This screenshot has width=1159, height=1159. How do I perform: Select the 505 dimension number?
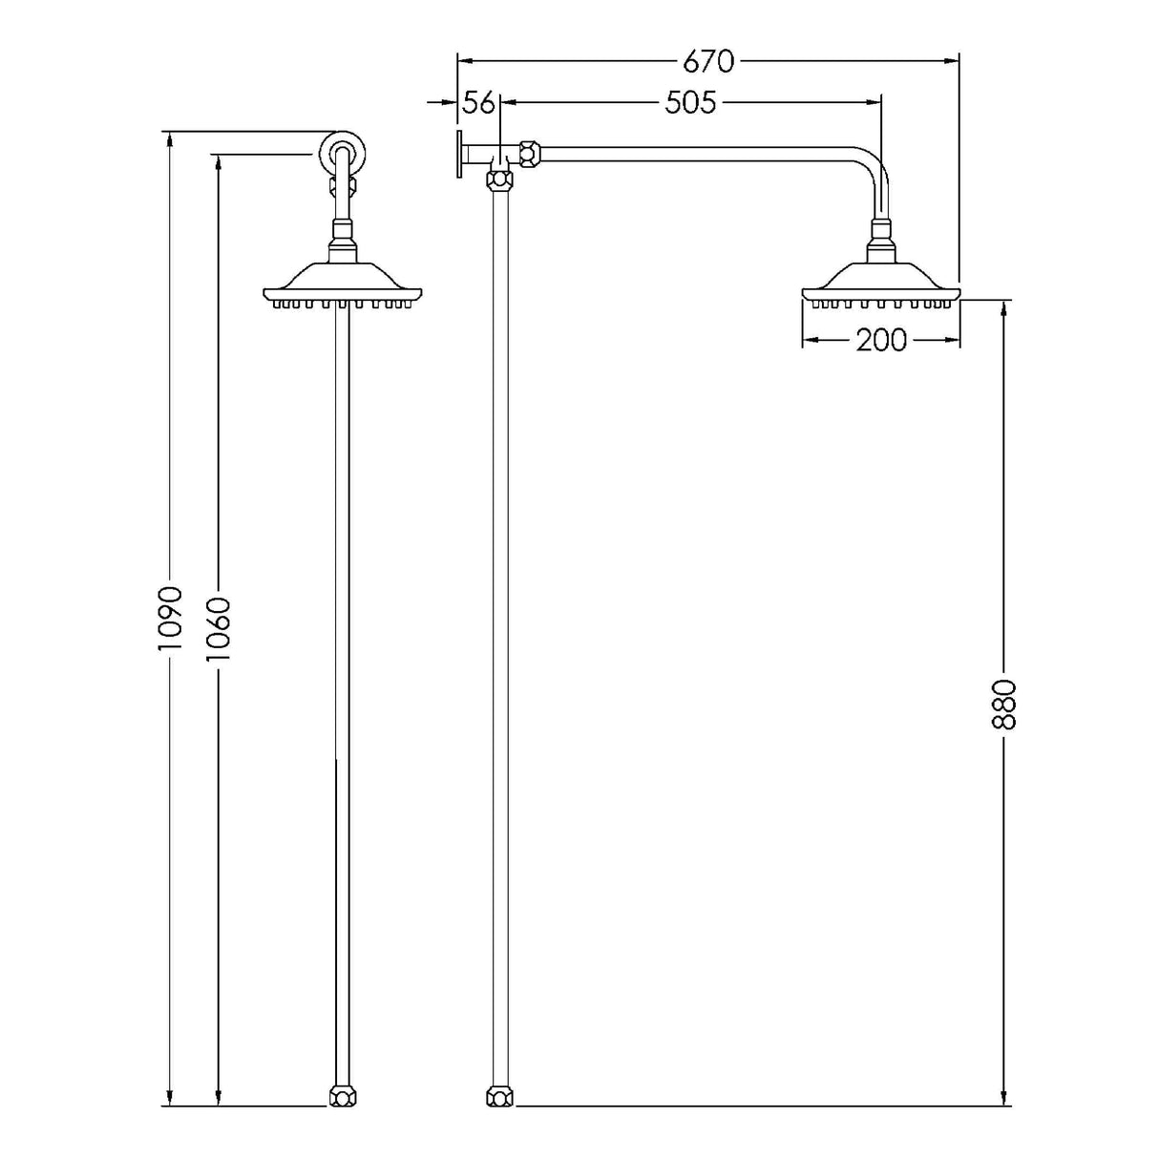coord(690,102)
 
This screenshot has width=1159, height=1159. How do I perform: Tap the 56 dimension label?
coord(479,102)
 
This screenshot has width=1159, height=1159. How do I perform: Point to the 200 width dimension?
coord(880,339)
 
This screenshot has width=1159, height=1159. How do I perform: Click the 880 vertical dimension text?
coord(1004,704)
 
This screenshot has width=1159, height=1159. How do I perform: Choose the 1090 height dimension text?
coord(170,617)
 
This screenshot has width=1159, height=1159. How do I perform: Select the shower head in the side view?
coord(880,286)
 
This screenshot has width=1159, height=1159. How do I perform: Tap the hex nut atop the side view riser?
coord(497,178)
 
